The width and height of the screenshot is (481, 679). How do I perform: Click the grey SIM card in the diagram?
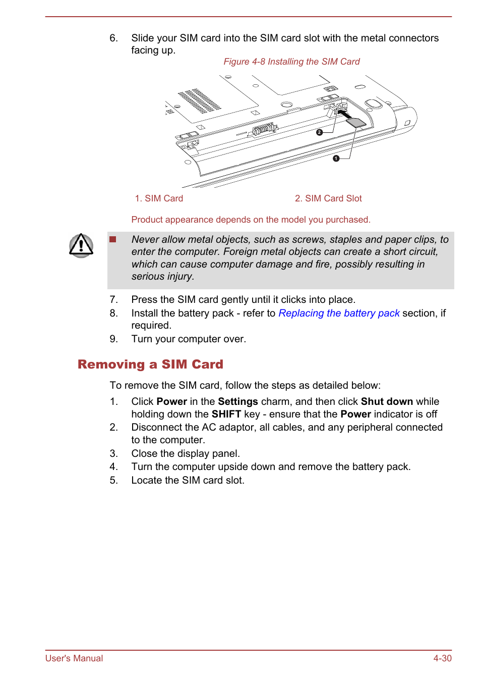coord(356,122)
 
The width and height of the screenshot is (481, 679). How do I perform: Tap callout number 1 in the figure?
coord(336,159)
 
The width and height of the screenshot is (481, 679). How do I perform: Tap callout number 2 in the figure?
coord(319,132)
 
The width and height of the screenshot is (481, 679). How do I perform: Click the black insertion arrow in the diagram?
coord(344,114)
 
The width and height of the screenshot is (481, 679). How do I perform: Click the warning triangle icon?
coord(81,245)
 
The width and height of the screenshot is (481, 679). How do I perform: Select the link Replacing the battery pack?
coord(339,313)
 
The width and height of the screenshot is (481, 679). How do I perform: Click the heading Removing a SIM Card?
coord(150,364)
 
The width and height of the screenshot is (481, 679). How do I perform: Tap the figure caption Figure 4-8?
coord(291,62)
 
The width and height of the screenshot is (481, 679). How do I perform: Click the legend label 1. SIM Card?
coord(159,198)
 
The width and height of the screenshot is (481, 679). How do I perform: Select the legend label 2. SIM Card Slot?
coord(328,198)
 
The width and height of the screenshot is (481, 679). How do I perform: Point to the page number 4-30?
coord(442,658)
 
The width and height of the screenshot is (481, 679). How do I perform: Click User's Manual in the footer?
coord(74,658)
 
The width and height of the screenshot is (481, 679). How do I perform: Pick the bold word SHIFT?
coord(226,414)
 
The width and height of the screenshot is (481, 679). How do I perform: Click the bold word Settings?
coord(238,401)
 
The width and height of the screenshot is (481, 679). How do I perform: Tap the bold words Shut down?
coord(387,401)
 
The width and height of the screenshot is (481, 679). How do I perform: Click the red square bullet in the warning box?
coord(113,239)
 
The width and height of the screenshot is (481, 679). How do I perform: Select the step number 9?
coord(113,339)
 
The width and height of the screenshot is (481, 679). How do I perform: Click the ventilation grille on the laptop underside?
coord(200,101)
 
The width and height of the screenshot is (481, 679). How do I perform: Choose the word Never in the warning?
coord(145,239)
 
